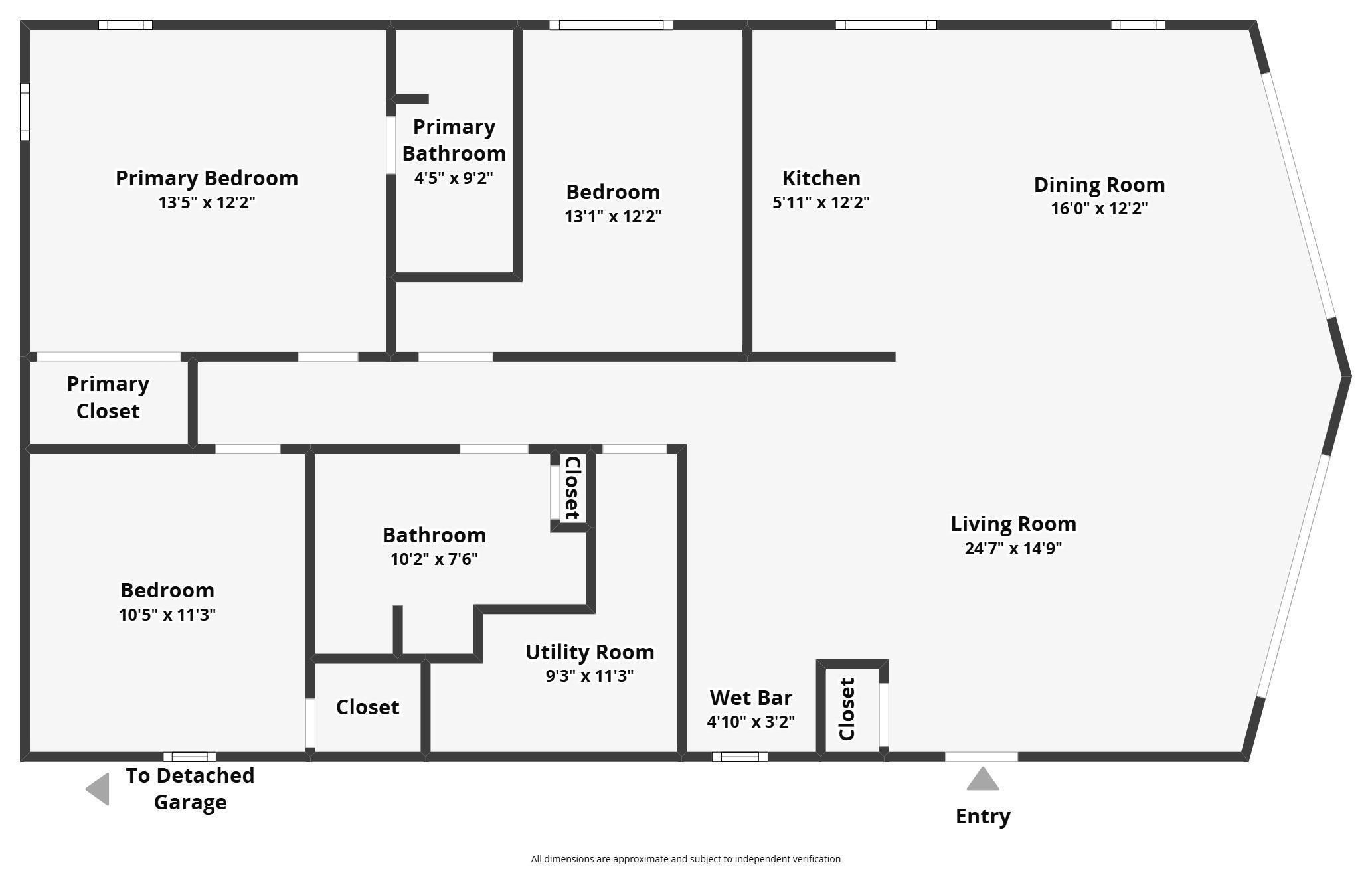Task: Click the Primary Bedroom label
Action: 207,178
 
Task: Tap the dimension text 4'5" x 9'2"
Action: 454,178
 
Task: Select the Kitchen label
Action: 821,178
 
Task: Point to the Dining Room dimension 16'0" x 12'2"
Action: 1099,208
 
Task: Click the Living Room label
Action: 1013,524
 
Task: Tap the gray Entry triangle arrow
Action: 983,780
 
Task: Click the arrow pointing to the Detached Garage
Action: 99,789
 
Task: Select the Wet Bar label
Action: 750,698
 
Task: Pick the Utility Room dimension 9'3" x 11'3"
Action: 590,676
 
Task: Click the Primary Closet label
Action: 108,397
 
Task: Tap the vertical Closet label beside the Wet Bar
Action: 847,709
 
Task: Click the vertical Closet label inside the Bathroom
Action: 572,488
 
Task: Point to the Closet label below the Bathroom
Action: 367,707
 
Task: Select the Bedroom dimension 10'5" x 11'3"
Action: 167,615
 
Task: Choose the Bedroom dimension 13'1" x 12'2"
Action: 613,216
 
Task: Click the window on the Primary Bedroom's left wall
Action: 25,112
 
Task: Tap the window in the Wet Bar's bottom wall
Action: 740,757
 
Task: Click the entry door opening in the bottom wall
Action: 981,757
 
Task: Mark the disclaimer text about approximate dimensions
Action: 685,859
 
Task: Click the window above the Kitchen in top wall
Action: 885,25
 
